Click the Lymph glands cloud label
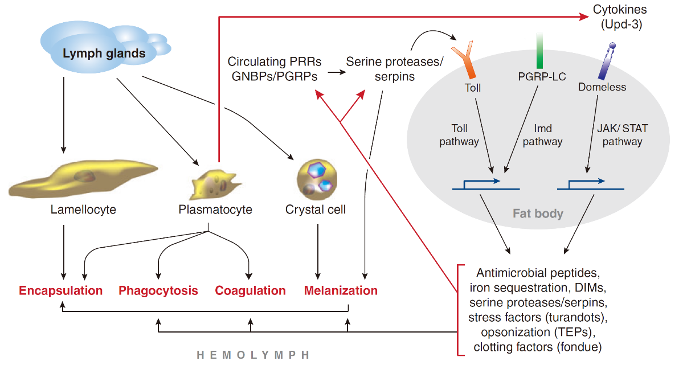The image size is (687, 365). (104, 54)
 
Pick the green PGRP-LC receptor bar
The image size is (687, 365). (539, 51)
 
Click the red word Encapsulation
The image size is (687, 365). (61, 291)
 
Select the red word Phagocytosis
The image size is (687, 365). (158, 291)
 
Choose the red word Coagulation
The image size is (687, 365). (250, 291)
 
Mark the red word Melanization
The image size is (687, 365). (341, 291)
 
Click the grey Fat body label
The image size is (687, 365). (538, 214)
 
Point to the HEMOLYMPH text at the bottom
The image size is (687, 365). (253, 355)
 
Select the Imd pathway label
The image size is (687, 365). (542, 135)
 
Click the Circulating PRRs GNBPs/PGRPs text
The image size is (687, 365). (274, 68)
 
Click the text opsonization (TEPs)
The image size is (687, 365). (536, 332)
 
